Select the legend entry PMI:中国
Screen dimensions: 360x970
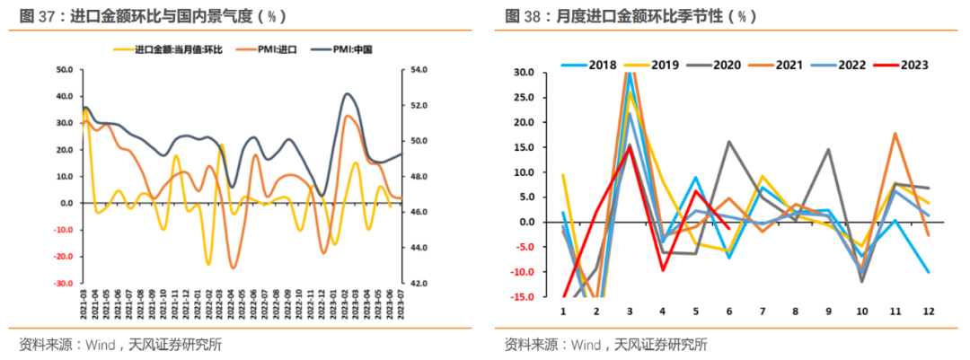pos(345,50)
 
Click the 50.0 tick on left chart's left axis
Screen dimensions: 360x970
pos(64,69)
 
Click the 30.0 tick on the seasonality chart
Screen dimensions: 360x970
pos(524,72)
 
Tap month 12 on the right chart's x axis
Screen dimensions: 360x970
pos(927,312)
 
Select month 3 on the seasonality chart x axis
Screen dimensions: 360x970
pos(630,312)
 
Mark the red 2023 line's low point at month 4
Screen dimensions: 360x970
pos(663,270)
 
